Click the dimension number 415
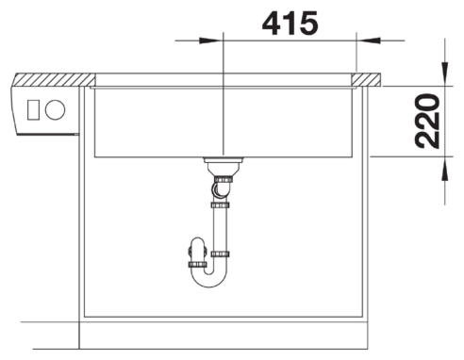pyautogui.click(x=290, y=24)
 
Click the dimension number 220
pyautogui.click(x=427, y=121)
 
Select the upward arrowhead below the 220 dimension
pyautogui.click(x=444, y=169)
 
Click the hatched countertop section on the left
pyautogui.click(x=55, y=80)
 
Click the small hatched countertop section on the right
pyautogui.click(x=366, y=79)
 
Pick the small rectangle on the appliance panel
pyautogui.click(x=33, y=110)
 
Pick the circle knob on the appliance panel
pyautogui.click(x=55, y=110)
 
